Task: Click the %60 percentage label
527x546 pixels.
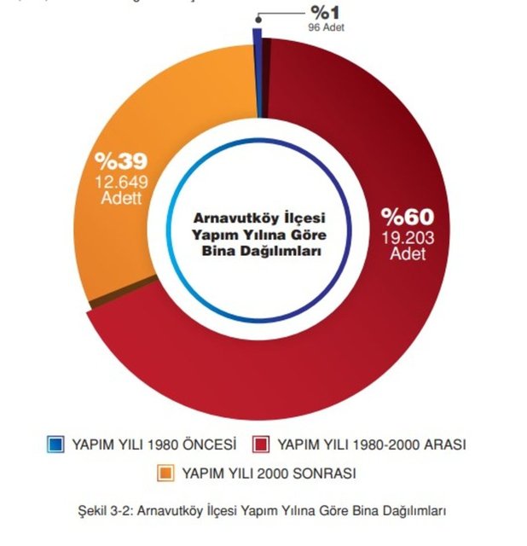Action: [x=407, y=216]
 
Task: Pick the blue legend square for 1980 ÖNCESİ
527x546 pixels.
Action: [x=56, y=444]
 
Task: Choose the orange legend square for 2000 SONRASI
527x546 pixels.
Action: [x=165, y=472]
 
